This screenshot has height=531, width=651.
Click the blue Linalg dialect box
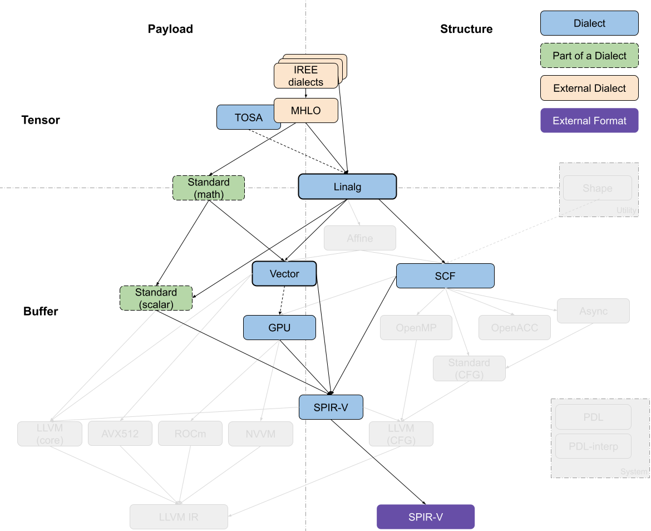pyautogui.click(x=347, y=187)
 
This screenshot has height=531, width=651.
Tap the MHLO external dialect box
pyautogui.click(x=305, y=111)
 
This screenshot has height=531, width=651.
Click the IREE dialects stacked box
pyautogui.click(x=305, y=76)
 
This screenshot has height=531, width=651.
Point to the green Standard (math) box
pyautogui.click(x=209, y=188)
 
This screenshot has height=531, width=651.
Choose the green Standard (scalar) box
pyautogui.click(x=156, y=298)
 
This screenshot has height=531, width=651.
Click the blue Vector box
pyautogui.click(x=284, y=274)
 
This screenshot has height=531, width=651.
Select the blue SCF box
pyautogui.click(x=445, y=276)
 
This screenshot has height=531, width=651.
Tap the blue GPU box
pyautogui.click(x=279, y=328)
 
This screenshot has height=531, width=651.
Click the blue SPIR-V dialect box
pyautogui.click(x=331, y=407)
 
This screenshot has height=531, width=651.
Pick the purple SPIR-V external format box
pyautogui.click(x=426, y=517)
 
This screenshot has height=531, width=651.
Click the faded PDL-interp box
pyautogui.click(x=593, y=446)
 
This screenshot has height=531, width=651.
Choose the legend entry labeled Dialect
pyautogui.click(x=589, y=23)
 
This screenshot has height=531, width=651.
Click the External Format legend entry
pyautogui.click(x=589, y=121)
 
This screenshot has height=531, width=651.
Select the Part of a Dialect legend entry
pyautogui.click(x=589, y=56)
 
